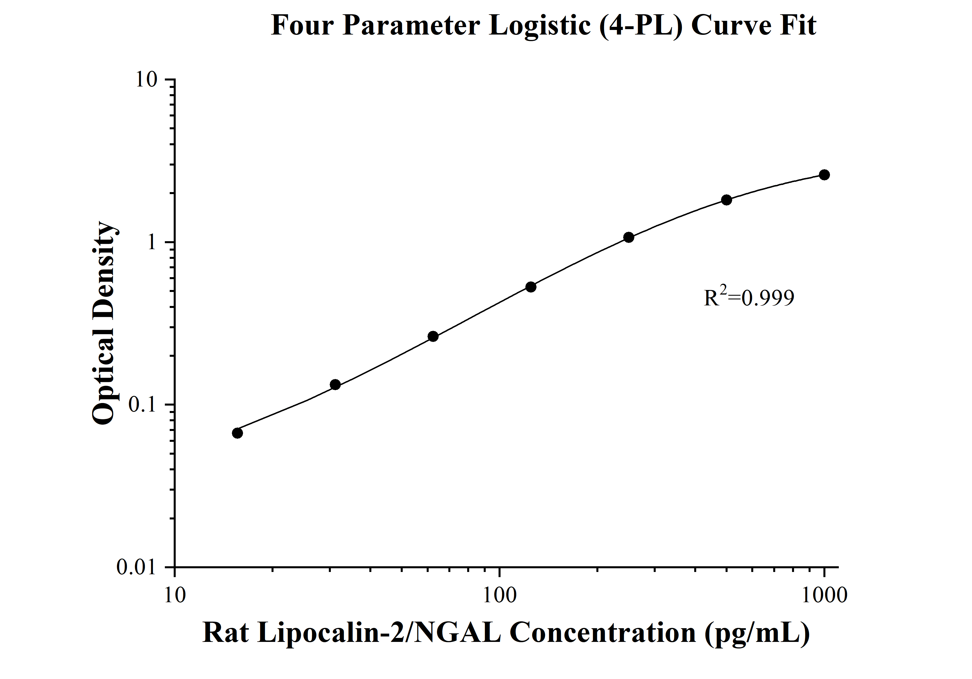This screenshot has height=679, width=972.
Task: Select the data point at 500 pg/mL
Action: [x=726, y=200]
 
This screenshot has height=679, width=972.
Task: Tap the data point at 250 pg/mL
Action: [x=629, y=237]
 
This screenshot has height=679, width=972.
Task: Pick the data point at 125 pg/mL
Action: [x=531, y=287]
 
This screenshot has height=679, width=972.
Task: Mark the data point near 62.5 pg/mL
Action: [x=433, y=336]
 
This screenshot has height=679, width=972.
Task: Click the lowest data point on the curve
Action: [x=238, y=433]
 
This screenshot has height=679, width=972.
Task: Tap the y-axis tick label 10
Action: [x=146, y=80]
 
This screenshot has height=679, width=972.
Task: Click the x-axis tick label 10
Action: [x=175, y=595]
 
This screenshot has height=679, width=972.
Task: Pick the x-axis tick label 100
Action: [x=499, y=595]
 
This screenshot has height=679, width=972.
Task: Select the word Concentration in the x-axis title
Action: [x=603, y=633]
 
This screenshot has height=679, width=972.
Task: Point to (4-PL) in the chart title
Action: [x=641, y=25]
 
